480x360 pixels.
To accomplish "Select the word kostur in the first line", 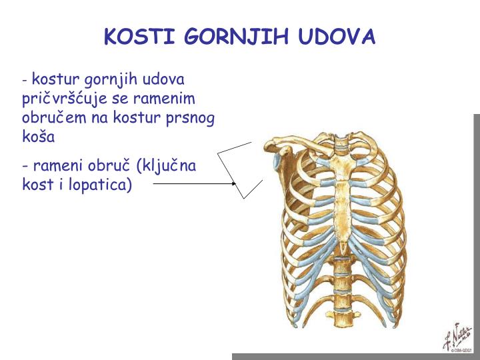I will coord(52,79).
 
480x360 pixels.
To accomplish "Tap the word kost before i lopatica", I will coord(36,183).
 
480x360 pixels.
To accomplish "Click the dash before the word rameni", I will coord(25,165).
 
